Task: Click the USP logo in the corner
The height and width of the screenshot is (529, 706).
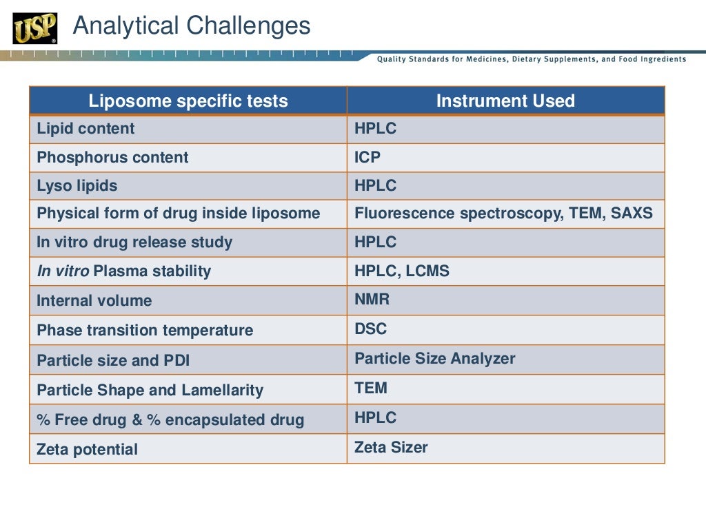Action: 34,28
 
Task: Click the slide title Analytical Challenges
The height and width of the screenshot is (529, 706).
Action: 192,26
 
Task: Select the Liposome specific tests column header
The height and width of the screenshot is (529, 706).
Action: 188,101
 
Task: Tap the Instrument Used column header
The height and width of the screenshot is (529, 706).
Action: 505,101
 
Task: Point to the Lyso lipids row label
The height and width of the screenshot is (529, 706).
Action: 77,186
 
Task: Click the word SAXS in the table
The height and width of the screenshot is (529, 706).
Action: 631,214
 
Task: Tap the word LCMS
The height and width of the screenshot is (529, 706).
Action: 427,271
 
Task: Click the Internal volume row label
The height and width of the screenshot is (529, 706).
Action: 94,301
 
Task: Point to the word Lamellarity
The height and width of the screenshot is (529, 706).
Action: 222,391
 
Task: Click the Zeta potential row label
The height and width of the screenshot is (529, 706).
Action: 87,450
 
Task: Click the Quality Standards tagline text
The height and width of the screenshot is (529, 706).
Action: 531,59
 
